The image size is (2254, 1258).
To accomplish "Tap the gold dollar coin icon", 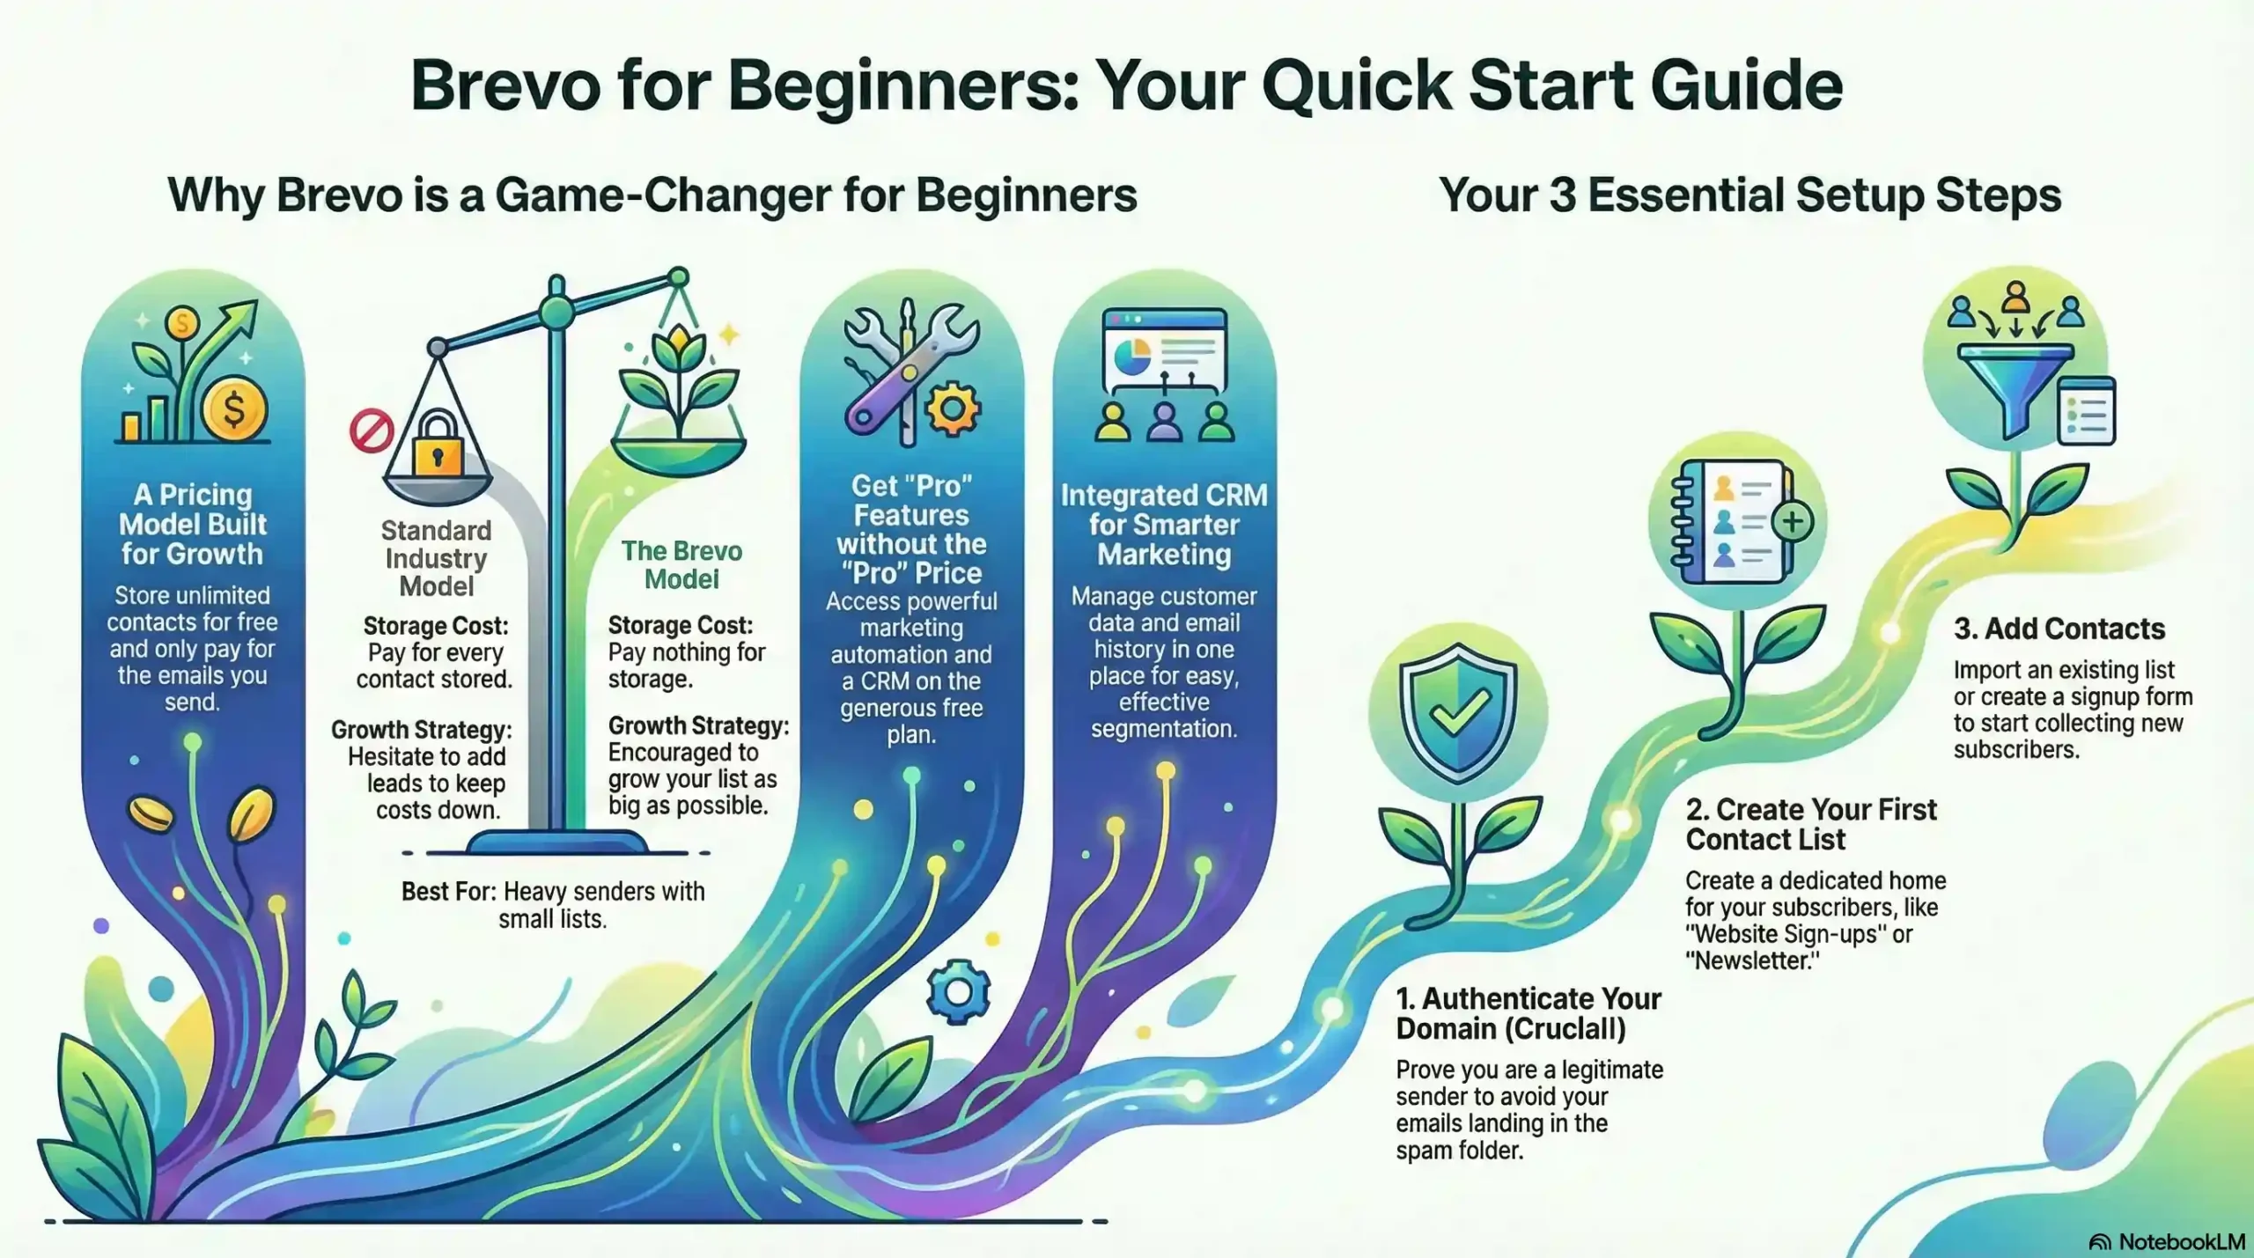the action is coord(234,408).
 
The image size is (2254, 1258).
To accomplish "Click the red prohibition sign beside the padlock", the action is coord(371,431).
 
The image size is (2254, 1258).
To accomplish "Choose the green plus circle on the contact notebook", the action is coord(1793,521).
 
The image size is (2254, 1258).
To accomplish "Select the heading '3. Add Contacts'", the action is coord(2059,629).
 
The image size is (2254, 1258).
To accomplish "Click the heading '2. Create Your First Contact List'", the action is coord(1811,824).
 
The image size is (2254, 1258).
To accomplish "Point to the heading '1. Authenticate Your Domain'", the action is coord(1528,1013).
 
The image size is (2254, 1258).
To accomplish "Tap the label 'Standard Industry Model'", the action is coord(436,558).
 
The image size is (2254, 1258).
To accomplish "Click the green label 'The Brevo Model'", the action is coord(681,564).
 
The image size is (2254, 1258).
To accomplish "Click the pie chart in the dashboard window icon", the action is coord(1131,357).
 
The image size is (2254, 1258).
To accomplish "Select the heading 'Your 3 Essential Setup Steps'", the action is coord(1749,195).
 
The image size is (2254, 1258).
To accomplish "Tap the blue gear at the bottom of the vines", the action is coord(958,992).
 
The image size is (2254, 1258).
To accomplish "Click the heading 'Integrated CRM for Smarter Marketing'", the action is coord(1164,525).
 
